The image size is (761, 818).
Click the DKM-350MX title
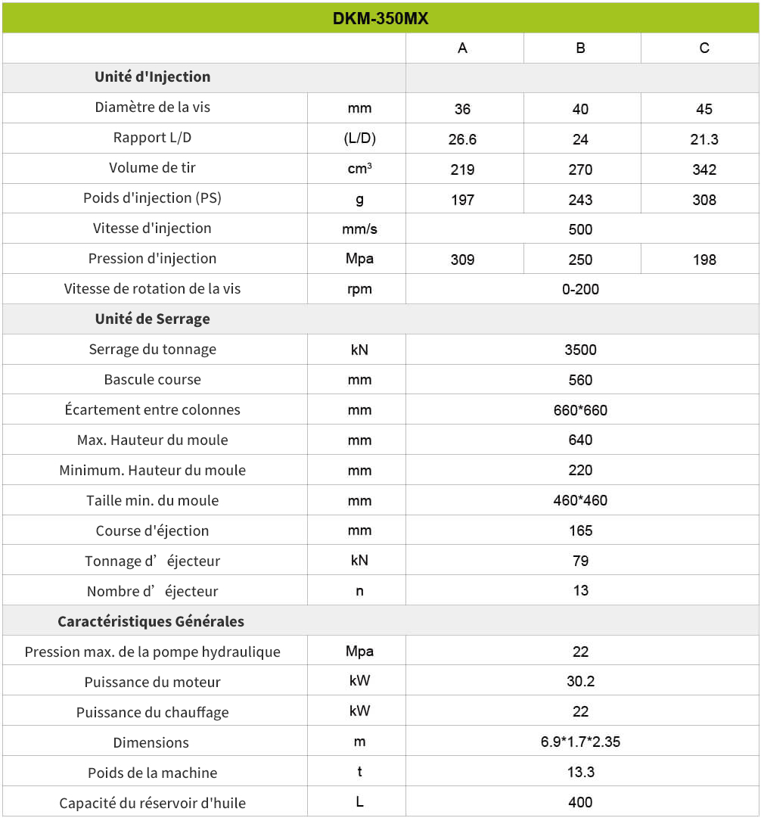pos(380,18)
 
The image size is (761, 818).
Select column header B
pos(580,48)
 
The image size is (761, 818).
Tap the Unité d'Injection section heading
pos(153,77)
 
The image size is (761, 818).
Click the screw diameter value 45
pos(704,109)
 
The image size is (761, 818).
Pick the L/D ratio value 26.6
pos(462,139)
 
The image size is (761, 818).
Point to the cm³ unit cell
pos(359,169)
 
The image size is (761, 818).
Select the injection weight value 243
pos(580,200)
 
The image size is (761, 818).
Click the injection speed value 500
pos(580,229)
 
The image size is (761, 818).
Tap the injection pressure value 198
pos(704,260)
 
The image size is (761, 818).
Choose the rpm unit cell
pos(359,289)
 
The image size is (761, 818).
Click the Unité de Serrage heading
pos(153,319)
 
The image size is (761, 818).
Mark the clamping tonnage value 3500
pos(580,350)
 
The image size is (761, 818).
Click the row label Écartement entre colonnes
pos(153,410)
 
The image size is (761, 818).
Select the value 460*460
pos(580,500)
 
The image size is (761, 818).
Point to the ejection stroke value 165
pos(580,530)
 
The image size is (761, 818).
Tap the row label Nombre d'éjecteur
pos(153,591)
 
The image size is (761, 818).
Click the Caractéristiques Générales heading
pos(151,621)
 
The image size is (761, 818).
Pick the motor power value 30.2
pos(580,682)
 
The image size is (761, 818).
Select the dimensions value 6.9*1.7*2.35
pos(580,742)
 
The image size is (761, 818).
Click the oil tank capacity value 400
pos(580,802)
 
